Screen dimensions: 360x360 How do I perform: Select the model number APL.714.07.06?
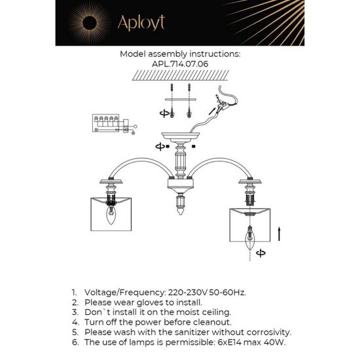tap(180, 65)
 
